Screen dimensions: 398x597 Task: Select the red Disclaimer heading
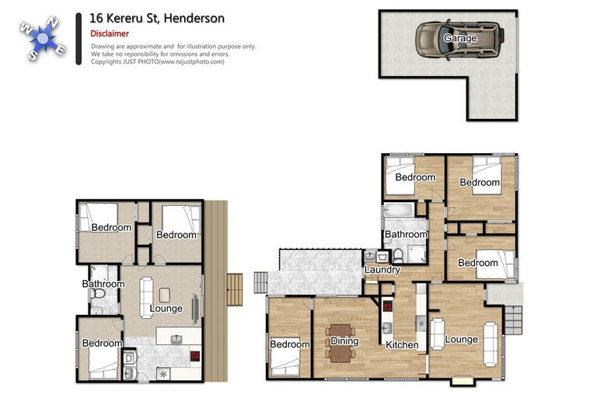pyautogui.click(x=110, y=33)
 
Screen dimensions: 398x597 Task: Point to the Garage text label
pyautogui.click(x=460, y=37)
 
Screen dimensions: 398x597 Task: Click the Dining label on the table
pyautogui.click(x=344, y=341)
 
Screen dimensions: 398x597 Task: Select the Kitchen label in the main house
pyautogui.click(x=402, y=344)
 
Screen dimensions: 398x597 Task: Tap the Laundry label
pyautogui.click(x=382, y=270)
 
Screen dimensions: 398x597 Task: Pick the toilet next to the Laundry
pyautogui.click(x=397, y=256)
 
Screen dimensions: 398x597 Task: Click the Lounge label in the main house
pyautogui.click(x=461, y=339)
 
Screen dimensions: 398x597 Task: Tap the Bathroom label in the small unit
pyautogui.click(x=103, y=284)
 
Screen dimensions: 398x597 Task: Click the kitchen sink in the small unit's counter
pyautogui.click(x=176, y=339)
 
